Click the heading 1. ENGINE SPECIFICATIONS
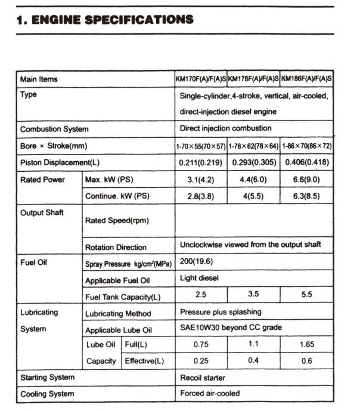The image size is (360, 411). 105,19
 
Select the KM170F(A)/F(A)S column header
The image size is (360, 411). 201,79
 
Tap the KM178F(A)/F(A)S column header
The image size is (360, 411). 253,79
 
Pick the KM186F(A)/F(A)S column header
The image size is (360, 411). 306,79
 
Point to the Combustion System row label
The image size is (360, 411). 54,129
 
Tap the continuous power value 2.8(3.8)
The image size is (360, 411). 201,196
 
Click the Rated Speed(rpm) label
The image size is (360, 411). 117,221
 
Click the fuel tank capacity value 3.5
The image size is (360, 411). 253,295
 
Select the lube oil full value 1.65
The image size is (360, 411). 306,344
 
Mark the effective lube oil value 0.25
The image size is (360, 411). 201,361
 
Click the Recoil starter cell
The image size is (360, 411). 202,378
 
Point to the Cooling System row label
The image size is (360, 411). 47,394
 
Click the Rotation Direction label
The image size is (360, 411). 116,247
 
